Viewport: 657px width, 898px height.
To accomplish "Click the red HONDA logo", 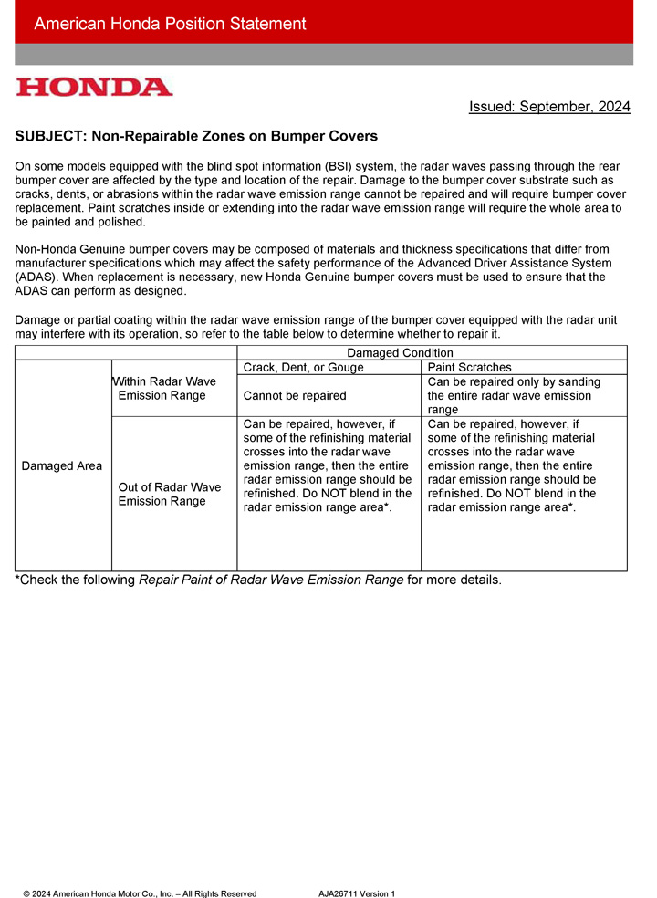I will pos(94,88).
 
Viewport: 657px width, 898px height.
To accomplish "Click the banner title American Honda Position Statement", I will pos(170,24).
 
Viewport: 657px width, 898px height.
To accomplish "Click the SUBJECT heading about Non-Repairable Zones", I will pos(196,136).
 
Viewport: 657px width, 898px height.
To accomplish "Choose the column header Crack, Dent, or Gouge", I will pos(303,367).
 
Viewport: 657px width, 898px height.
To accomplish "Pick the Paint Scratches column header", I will pos(469,367).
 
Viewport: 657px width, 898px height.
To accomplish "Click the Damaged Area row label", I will pos(63,465).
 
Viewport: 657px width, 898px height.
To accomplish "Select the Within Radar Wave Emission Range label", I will pos(166,388).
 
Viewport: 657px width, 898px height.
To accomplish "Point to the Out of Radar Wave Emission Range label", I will pos(170,494).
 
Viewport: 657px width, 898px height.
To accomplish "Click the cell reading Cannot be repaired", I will pos(295,395).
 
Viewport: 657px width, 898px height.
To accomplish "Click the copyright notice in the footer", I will pos(140,893).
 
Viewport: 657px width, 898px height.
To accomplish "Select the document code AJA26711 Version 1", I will pos(357,893).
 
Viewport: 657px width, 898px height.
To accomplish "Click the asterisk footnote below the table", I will pos(258,580).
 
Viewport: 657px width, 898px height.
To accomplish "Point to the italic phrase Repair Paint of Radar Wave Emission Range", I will pos(271,580).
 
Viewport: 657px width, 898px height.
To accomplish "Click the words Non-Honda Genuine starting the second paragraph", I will pos(64,249).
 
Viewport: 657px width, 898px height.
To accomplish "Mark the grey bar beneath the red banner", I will pos(324,54).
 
